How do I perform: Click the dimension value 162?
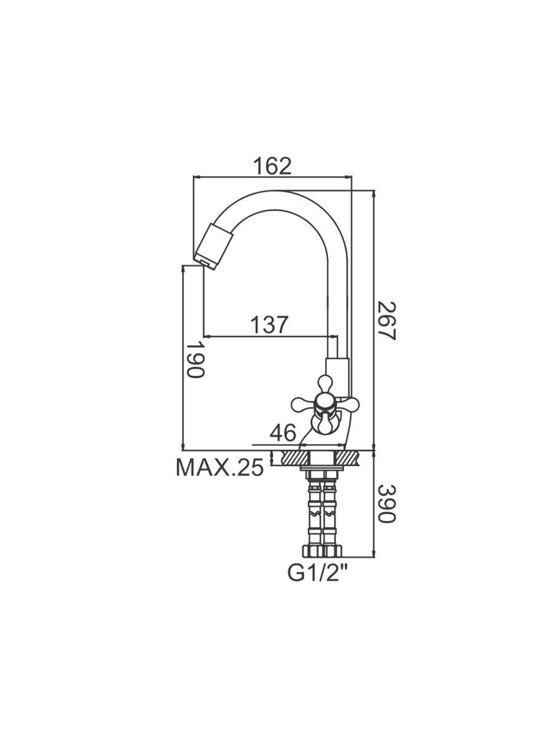(x=272, y=166)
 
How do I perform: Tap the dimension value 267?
(x=386, y=321)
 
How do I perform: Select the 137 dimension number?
(x=270, y=324)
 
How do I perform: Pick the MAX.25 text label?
(x=220, y=468)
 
